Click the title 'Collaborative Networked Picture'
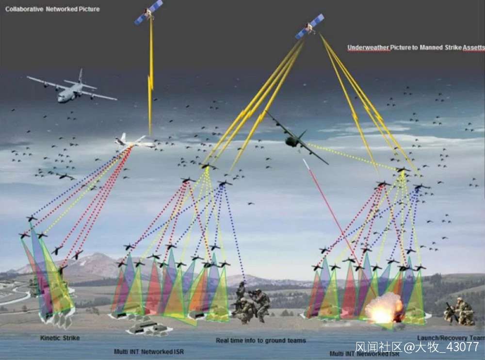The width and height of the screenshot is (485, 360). point(52,9)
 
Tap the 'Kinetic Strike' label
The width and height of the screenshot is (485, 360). point(60,338)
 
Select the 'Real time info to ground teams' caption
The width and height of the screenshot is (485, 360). point(261,341)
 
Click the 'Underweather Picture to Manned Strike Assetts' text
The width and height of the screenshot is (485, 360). point(416,48)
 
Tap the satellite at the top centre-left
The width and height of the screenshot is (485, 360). point(148,13)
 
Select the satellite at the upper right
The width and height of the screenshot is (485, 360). point(309,26)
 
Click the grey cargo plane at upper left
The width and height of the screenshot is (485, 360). point(72,87)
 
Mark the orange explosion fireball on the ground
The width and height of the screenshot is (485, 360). point(384,308)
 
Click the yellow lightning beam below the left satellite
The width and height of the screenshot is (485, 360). point(151,78)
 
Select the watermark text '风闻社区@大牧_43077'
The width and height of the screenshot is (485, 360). point(417,347)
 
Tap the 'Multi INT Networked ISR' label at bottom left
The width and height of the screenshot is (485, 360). point(149,352)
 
